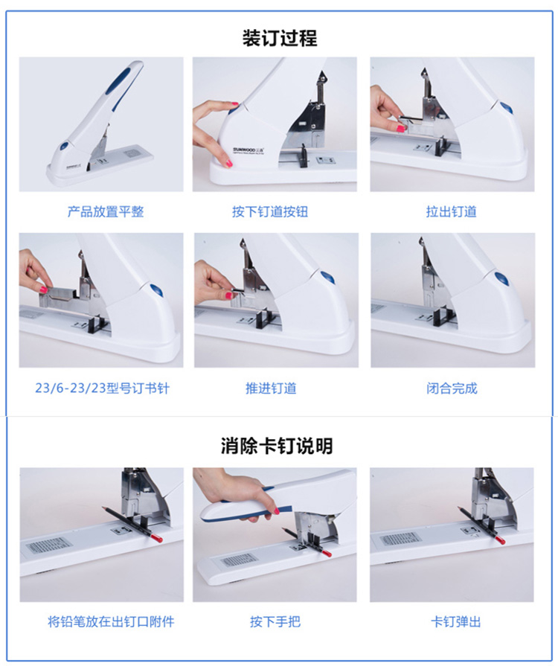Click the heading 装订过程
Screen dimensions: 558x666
(280, 38)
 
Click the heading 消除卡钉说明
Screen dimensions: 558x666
(277, 446)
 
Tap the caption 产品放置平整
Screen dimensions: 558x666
(106, 211)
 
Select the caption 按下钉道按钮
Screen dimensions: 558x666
(269, 211)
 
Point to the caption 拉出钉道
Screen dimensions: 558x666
(451, 211)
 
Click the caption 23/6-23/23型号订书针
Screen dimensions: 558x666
(103, 388)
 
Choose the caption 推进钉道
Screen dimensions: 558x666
(271, 388)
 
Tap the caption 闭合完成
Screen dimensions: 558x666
(452, 388)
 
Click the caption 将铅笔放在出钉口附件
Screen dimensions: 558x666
(111, 622)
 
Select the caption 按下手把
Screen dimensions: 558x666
(275, 622)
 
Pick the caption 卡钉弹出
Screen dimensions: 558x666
(455, 622)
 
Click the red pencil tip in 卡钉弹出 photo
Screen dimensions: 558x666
(499, 539)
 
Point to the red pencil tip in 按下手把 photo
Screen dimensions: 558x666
(326, 553)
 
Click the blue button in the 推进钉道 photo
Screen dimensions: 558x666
(327, 278)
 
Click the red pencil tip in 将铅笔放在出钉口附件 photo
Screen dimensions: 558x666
(157, 539)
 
